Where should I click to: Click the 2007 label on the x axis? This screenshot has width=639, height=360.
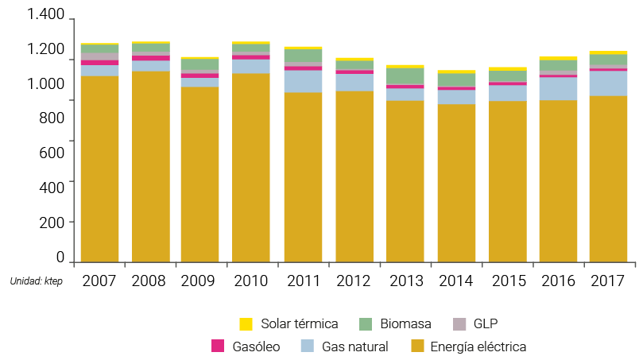(x=99, y=281)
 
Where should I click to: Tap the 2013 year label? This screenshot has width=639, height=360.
(x=405, y=281)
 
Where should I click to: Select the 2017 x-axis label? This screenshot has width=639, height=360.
(x=608, y=281)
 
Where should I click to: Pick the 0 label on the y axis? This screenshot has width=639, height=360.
(x=60, y=257)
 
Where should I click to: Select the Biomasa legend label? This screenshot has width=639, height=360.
(x=405, y=323)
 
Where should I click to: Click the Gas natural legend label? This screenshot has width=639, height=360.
(x=354, y=346)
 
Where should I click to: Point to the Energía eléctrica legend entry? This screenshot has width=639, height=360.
(x=478, y=346)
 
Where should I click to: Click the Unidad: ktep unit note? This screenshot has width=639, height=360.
(x=36, y=281)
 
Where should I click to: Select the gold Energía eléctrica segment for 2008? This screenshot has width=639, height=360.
(x=150, y=167)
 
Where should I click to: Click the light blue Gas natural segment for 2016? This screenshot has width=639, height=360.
(x=557, y=88)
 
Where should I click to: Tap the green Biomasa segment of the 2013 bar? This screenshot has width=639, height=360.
(x=405, y=75)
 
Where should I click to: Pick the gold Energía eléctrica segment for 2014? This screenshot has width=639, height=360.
(x=455, y=183)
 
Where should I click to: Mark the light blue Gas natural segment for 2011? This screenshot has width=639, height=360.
(x=303, y=81)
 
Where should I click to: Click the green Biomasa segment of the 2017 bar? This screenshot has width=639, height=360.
(x=608, y=60)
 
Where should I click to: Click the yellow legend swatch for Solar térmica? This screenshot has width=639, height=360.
(x=246, y=323)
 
